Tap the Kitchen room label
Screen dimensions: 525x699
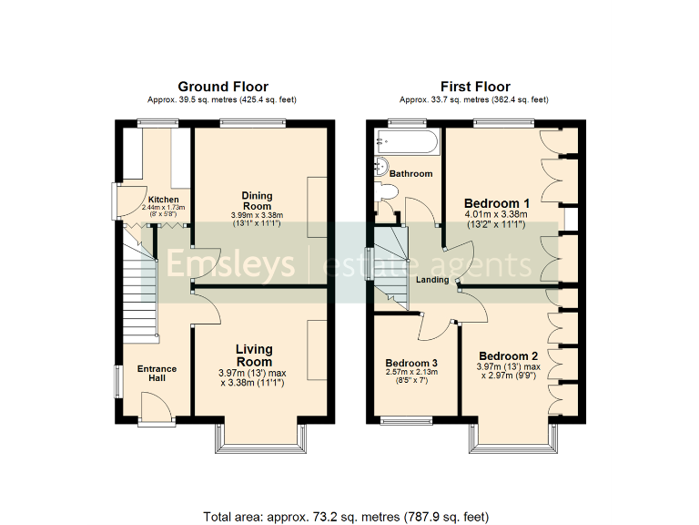click(164, 200)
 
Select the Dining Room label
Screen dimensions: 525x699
click(257, 201)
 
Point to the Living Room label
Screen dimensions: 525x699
click(254, 355)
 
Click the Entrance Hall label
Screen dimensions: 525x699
click(157, 374)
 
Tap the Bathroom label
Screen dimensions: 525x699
click(410, 173)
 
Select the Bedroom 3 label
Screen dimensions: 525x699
click(411, 362)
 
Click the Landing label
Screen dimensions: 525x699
click(432, 280)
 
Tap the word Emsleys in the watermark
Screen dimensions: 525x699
click(236, 264)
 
